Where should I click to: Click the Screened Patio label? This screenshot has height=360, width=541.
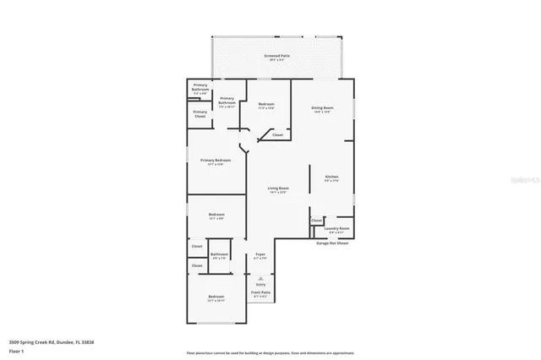276,56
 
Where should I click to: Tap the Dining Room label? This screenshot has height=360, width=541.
322,108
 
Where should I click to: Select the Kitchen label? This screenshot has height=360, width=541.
331,177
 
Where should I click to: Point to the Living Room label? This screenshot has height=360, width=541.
278,188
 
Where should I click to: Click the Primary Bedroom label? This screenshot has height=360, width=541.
216,161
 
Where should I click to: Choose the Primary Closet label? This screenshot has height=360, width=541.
200,113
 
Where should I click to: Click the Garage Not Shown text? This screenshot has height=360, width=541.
332,243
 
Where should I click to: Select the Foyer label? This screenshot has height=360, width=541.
260,254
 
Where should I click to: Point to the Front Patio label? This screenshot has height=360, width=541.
260,293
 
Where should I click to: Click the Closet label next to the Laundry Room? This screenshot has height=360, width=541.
316,221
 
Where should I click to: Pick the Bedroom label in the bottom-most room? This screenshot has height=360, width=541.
216,297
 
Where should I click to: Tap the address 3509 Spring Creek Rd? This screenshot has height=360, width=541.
52,341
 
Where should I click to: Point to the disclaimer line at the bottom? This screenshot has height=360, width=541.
270,352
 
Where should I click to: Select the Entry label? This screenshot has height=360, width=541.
260,286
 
